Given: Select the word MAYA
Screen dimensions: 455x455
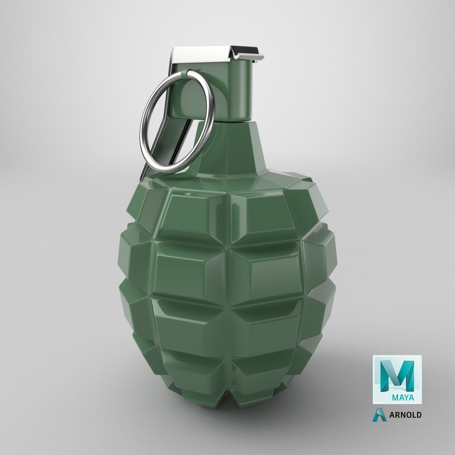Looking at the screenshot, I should [x=403, y=397].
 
